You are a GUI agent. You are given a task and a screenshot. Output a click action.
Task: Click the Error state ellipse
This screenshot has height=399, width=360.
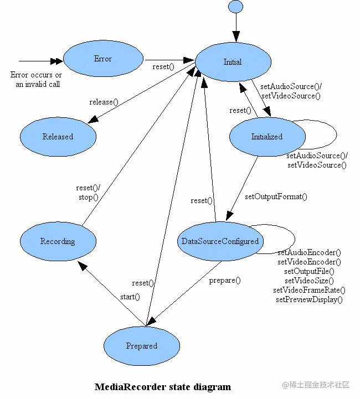click(x=103, y=59)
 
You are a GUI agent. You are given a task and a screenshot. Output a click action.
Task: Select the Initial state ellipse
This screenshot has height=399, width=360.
click(x=233, y=61)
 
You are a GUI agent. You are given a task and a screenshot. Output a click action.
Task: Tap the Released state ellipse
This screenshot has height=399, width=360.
click(x=58, y=137)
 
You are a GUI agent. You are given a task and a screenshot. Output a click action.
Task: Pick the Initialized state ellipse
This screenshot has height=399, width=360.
click(x=267, y=137)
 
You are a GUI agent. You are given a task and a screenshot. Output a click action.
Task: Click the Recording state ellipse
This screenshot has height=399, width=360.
click(x=58, y=242)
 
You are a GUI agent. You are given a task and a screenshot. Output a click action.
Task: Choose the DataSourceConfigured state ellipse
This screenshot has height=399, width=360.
click(x=220, y=241)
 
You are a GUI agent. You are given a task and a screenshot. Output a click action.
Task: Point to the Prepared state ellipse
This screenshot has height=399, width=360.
click(x=142, y=346)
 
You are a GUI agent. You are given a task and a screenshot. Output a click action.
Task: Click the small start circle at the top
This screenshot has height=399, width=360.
click(x=235, y=7)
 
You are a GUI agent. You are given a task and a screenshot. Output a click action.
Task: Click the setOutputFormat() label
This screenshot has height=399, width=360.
click(x=276, y=196)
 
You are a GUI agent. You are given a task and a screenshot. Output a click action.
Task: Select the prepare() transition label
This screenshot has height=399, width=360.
click(x=225, y=280)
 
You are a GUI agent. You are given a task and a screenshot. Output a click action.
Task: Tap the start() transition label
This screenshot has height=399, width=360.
click(x=130, y=297)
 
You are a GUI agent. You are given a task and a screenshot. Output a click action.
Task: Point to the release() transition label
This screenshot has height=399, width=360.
click(x=104, y=101)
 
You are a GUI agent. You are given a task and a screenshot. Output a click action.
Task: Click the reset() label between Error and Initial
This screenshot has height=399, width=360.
click(x=163, y=67)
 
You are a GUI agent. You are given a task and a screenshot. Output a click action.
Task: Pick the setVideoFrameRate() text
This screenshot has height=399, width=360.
click(x=309, y=290)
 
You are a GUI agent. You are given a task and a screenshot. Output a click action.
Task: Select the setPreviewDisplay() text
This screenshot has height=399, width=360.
click(x=309, y=299)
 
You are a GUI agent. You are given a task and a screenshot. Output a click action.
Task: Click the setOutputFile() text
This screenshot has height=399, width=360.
click(x=309, y=271)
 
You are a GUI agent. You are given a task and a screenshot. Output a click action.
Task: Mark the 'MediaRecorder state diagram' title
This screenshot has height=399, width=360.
click(x=163, y=386)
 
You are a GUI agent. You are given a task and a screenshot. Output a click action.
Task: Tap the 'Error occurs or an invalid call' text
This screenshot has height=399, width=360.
click(x=37, y=80)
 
